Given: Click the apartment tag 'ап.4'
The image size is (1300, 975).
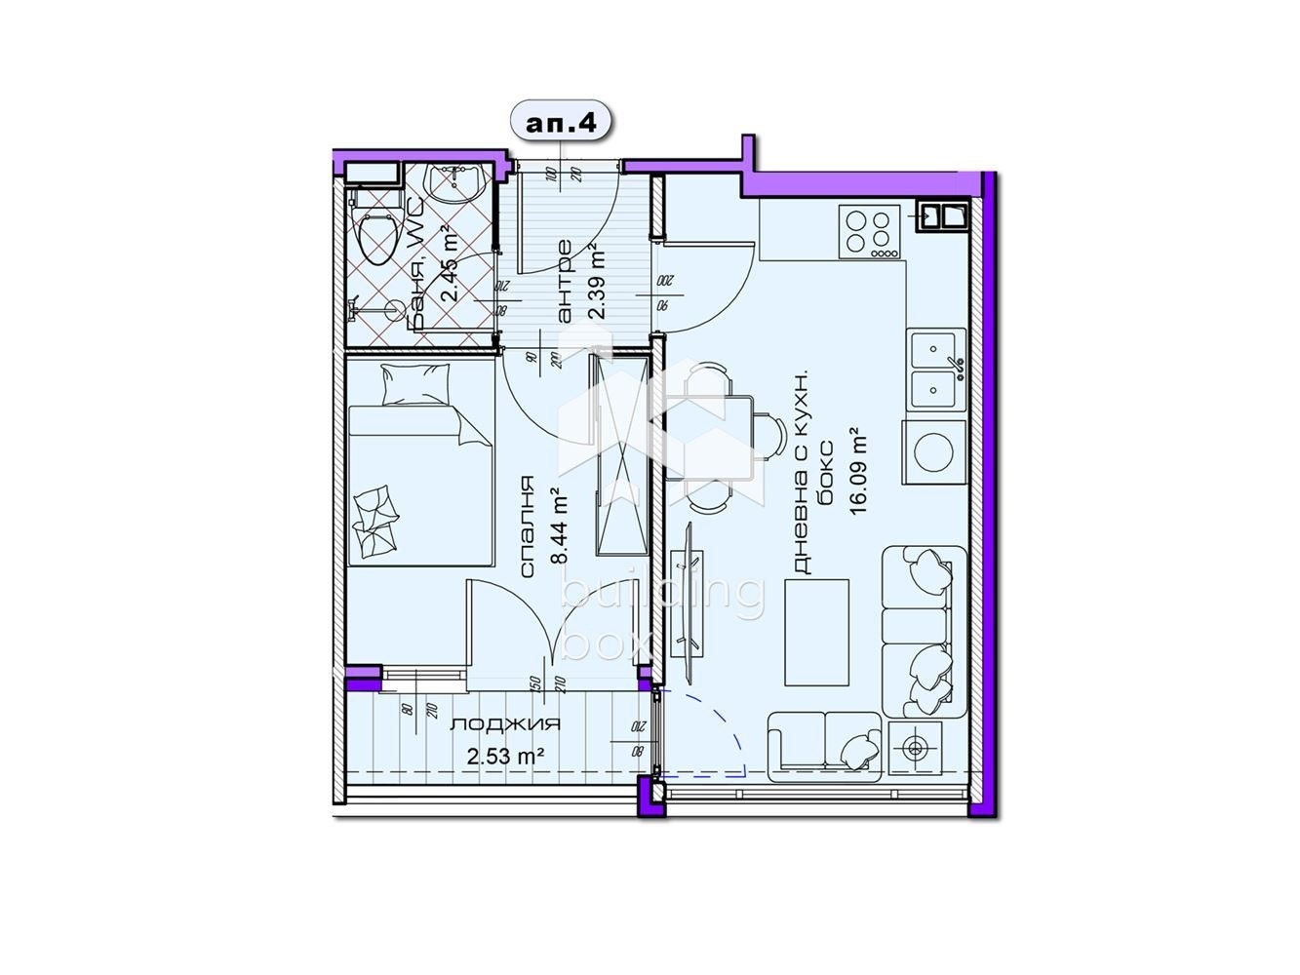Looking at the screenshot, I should point(561,124).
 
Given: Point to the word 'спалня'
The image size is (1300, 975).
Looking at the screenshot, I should point(527,527).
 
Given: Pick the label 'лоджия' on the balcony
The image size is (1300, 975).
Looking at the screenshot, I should point(504,724).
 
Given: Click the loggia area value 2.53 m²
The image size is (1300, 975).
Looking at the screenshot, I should point(504,756).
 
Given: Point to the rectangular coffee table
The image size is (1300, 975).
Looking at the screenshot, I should point(816,633).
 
